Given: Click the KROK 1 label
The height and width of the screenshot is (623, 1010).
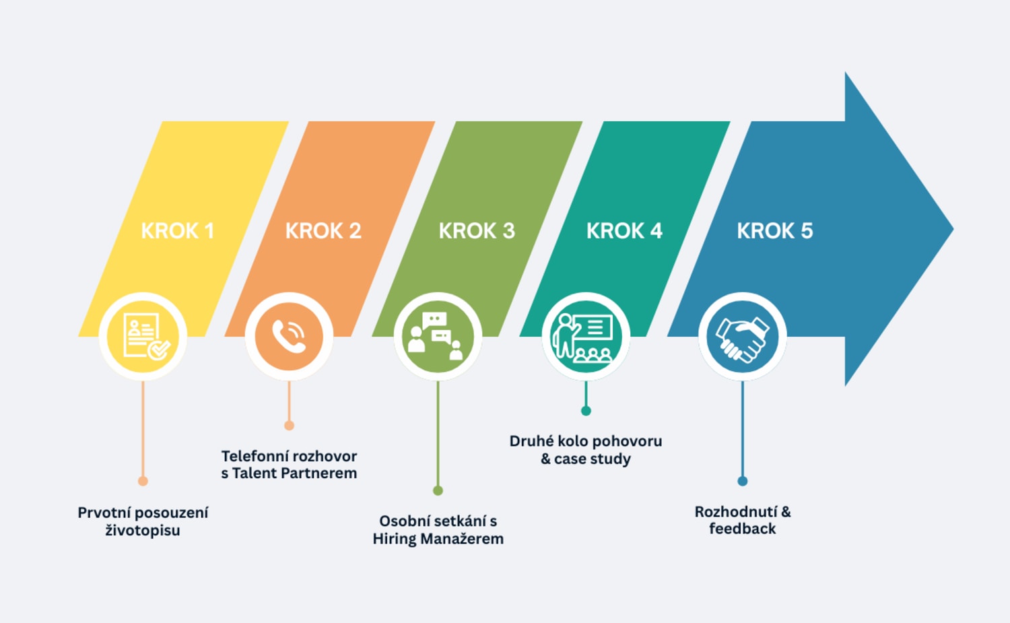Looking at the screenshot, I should [x=177, y=231].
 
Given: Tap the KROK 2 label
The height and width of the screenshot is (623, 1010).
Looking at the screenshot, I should [x=323, y=231].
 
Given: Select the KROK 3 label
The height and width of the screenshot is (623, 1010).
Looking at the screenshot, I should [x=477, y=231].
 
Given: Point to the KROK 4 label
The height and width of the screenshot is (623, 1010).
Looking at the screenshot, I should [x=624, y=231].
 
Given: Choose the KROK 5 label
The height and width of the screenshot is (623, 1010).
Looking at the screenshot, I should [x=775, y=231].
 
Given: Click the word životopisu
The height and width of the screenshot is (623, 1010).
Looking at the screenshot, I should [x=143, y=531].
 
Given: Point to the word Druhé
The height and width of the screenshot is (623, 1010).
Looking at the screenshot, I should [x=531, y=441].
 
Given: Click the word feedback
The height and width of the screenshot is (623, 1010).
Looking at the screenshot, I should [x=742, y=529].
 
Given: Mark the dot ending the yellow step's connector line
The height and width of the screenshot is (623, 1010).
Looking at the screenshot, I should [x=143, y=481].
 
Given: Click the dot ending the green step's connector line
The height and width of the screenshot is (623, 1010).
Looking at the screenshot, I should [x=438, y=490].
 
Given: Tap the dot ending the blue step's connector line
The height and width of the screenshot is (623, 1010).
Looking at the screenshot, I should [x=742, y=481].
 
